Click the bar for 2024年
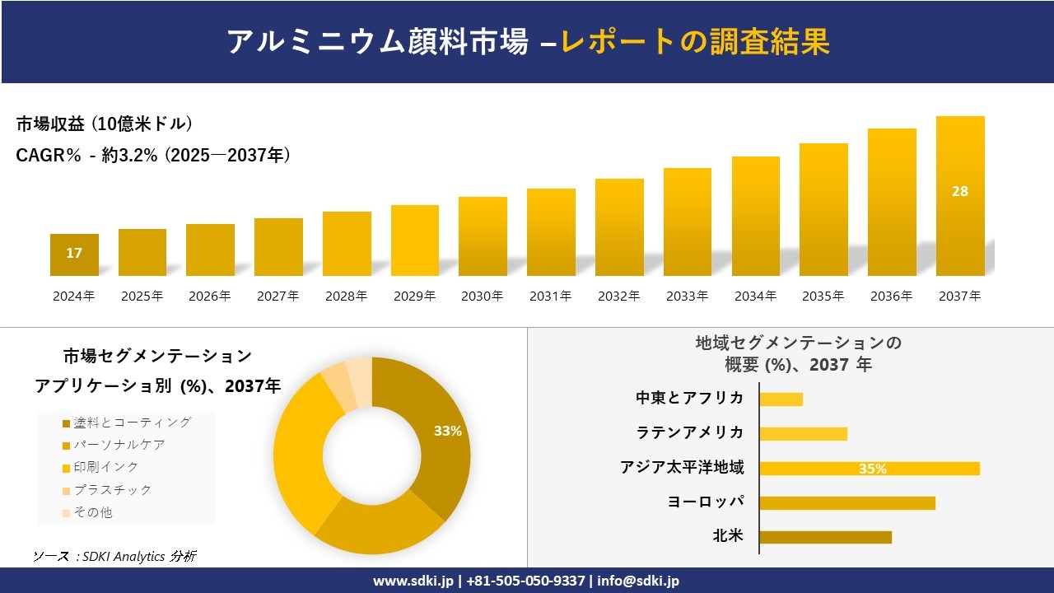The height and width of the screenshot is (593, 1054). coord(74,254)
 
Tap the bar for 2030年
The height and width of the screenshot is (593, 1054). coord(483,236)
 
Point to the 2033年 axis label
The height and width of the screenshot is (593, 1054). coord(687,296)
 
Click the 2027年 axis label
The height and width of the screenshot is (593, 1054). coord(277,296)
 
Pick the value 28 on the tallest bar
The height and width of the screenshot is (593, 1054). coord(960,191)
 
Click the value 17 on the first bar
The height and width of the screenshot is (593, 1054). coord(74,253)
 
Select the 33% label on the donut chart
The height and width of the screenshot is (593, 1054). coord(448,431)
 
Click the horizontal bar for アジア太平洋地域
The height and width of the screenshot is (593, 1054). coord(869,469)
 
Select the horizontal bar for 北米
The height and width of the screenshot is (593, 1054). coord(825,537)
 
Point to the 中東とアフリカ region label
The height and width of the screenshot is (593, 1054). coord(689,398)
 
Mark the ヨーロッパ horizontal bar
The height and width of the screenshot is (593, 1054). coord(846,502)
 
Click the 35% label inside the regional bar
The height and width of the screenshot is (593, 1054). coord(873,469)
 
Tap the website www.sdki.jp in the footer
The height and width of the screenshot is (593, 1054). coord(413,581)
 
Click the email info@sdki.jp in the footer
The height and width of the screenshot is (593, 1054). coord(639,581)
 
